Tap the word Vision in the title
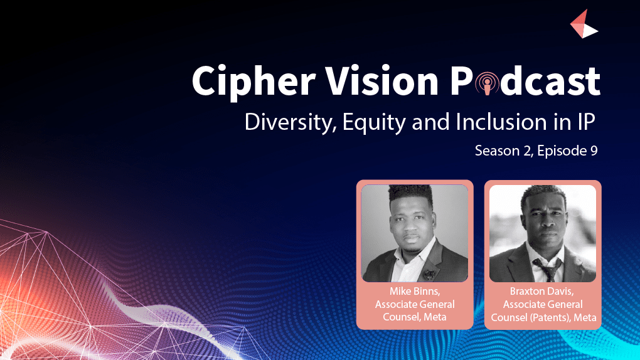(x=382, y=80)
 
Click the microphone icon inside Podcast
(x=487, y=83)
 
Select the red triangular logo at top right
(x=584, y=24)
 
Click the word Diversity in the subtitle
(x=291, y=122)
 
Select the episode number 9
(x=594, y=151)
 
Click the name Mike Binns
(x=415, y=292)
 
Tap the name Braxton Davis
(x=542, y=292)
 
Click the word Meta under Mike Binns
(x=435, y=317)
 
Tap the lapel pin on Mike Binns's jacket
(x=430, y=273)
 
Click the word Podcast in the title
(x=525, y=81)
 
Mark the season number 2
(x=527, y=151)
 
